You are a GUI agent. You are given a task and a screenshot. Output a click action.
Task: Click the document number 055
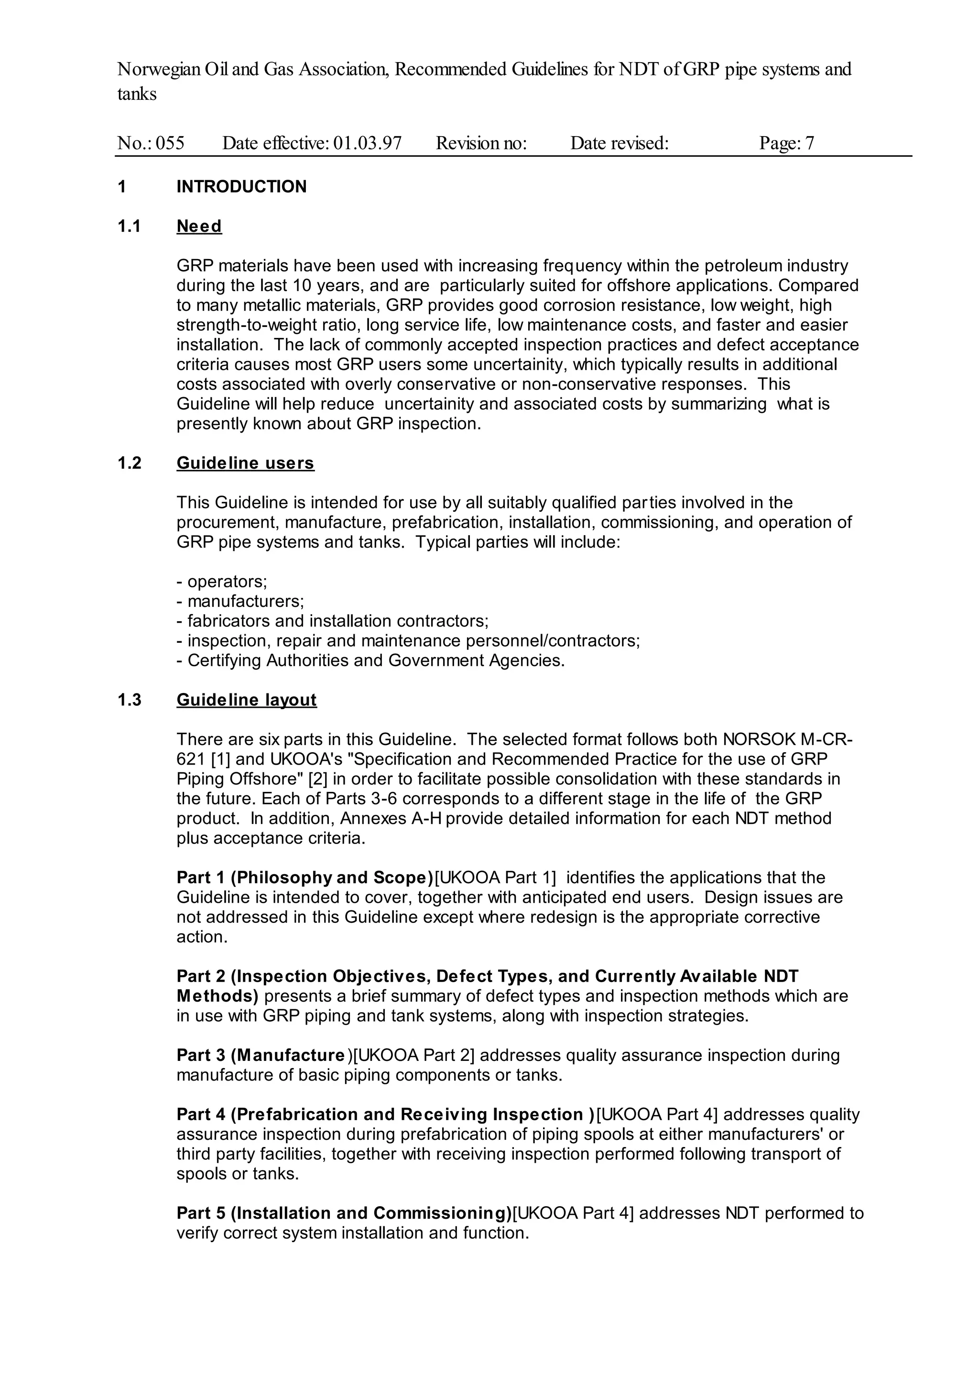(170, 143)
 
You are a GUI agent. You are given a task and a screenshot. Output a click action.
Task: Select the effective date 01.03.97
(367, 143)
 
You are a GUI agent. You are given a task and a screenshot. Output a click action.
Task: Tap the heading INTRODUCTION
(241, 187)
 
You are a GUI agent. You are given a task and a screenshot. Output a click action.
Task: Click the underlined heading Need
(199, 226)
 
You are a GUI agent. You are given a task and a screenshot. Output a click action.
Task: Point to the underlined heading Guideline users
(245, 463)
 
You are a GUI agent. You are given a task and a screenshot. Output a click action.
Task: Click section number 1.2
(129, 463)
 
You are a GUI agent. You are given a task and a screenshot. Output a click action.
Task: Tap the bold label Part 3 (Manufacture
(261, 1056)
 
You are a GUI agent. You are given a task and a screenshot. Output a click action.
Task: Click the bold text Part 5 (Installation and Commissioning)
(344, 1213)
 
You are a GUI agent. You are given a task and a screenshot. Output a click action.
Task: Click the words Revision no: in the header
(481, 143)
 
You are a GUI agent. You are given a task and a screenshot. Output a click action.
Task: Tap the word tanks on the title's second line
(137, 94)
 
